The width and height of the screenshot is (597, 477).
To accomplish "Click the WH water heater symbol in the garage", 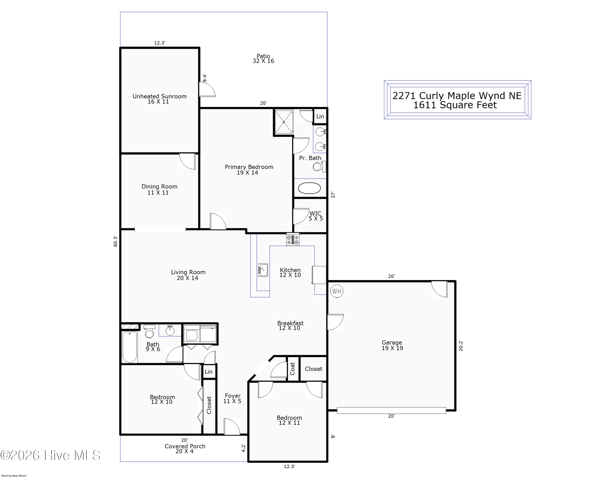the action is tap(337, 291).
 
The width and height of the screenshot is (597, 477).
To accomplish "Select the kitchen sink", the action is tap(263, 270).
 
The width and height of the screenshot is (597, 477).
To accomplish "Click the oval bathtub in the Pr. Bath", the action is tap(309, 188).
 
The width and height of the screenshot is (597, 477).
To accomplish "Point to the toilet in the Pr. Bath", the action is tap(319, 167).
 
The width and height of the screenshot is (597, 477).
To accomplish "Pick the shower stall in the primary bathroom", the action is tap(284, 122).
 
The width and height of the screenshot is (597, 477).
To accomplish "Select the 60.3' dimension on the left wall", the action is tap(115, 241).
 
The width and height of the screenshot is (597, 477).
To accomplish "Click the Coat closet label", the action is tap(292, 369).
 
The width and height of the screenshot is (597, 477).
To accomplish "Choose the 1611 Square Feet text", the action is tap(455, 105).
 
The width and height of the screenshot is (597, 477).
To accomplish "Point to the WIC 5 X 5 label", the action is tap(316, 216).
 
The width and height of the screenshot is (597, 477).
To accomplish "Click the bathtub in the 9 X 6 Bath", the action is tap(130, 347).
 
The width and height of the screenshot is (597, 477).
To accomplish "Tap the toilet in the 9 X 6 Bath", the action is tap(149, 331).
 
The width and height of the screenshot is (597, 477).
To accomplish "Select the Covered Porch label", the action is tap(185, 446).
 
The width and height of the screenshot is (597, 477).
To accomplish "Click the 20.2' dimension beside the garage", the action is tap(461, 346).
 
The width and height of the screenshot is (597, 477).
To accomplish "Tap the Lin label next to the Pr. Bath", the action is tap(320, 116).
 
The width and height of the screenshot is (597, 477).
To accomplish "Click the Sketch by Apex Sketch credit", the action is tap(14, 475).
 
